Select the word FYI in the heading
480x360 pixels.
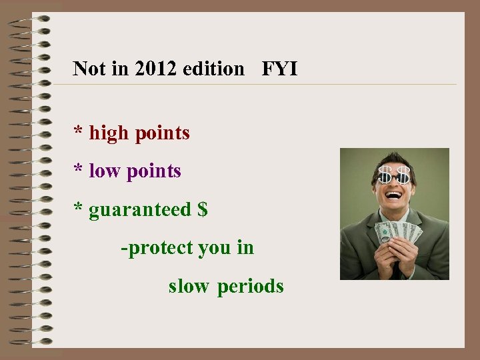click(279, 69)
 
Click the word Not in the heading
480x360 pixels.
click(88, 69)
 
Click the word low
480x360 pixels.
click(105, 171)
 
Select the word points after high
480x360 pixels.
click(162, 134)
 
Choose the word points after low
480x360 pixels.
click(154, 172)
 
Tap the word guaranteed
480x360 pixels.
click(140, 210)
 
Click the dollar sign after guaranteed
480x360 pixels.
click(203, 209)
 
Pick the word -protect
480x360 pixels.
click(157, 248)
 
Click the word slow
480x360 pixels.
click(189, 286)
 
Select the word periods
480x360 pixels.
click(251, 287)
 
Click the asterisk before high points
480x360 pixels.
click(79, 132)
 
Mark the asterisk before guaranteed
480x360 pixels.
click(79, 208)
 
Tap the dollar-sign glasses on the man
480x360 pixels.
click(394, 176)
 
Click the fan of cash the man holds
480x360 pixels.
click(398, 232)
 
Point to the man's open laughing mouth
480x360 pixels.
click(395, 195)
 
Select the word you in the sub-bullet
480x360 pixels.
click(213, 248)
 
